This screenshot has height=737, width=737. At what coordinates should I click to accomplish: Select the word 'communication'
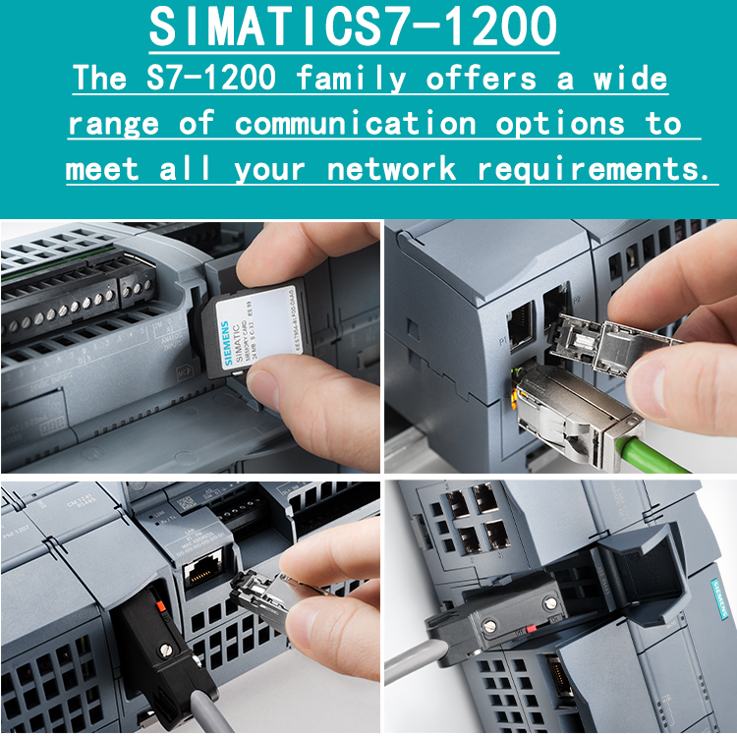(355, 124)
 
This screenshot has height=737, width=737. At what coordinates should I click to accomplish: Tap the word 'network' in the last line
(391, 169)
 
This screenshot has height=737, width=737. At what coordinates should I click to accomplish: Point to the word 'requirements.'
(593, 169)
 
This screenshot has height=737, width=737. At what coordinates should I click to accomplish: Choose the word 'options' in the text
(559, 124)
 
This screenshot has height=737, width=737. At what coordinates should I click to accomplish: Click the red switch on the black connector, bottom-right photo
(531, 626)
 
